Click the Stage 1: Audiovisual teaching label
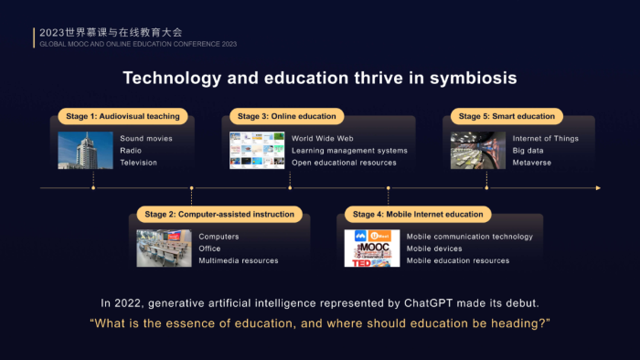(123, 116)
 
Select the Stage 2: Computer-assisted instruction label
(219, 214)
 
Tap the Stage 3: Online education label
(287, 116)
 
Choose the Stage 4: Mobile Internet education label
(418, 214)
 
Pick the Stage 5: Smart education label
(507, 116)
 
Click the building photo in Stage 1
(85, 150)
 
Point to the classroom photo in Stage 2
(164, 248)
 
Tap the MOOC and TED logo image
(372, 248)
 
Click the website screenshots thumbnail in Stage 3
(257, 150)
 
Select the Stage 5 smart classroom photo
(478, 150)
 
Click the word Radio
(131, 151)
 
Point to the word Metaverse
(532, 163)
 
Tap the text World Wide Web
(323, 139)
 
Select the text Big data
(528, 151)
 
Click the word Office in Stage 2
(209, 249)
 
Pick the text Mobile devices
(434, 249)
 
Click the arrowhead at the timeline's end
(598, 188)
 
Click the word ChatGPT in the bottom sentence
(428, 303)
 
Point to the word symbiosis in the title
(474, 78)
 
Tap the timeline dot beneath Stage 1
(93, 188)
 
